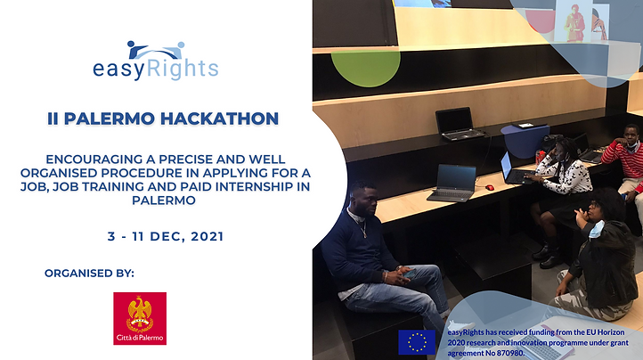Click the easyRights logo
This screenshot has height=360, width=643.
point(156,61)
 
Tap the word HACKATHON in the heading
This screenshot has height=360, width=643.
point(219,119)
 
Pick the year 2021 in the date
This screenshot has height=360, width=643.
point(208,236)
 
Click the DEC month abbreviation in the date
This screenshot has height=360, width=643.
point(164,236)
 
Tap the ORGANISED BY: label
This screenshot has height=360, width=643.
point(89,274)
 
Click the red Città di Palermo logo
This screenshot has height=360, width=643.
point(140,318)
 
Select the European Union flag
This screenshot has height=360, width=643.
point(417,342)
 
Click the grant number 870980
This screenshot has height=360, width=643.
point(510,353)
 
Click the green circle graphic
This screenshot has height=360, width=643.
point(365,69)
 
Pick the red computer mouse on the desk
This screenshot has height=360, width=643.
point(489,188)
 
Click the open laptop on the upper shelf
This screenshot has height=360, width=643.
point(458,124)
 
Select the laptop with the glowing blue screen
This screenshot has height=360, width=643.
point(513,168)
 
